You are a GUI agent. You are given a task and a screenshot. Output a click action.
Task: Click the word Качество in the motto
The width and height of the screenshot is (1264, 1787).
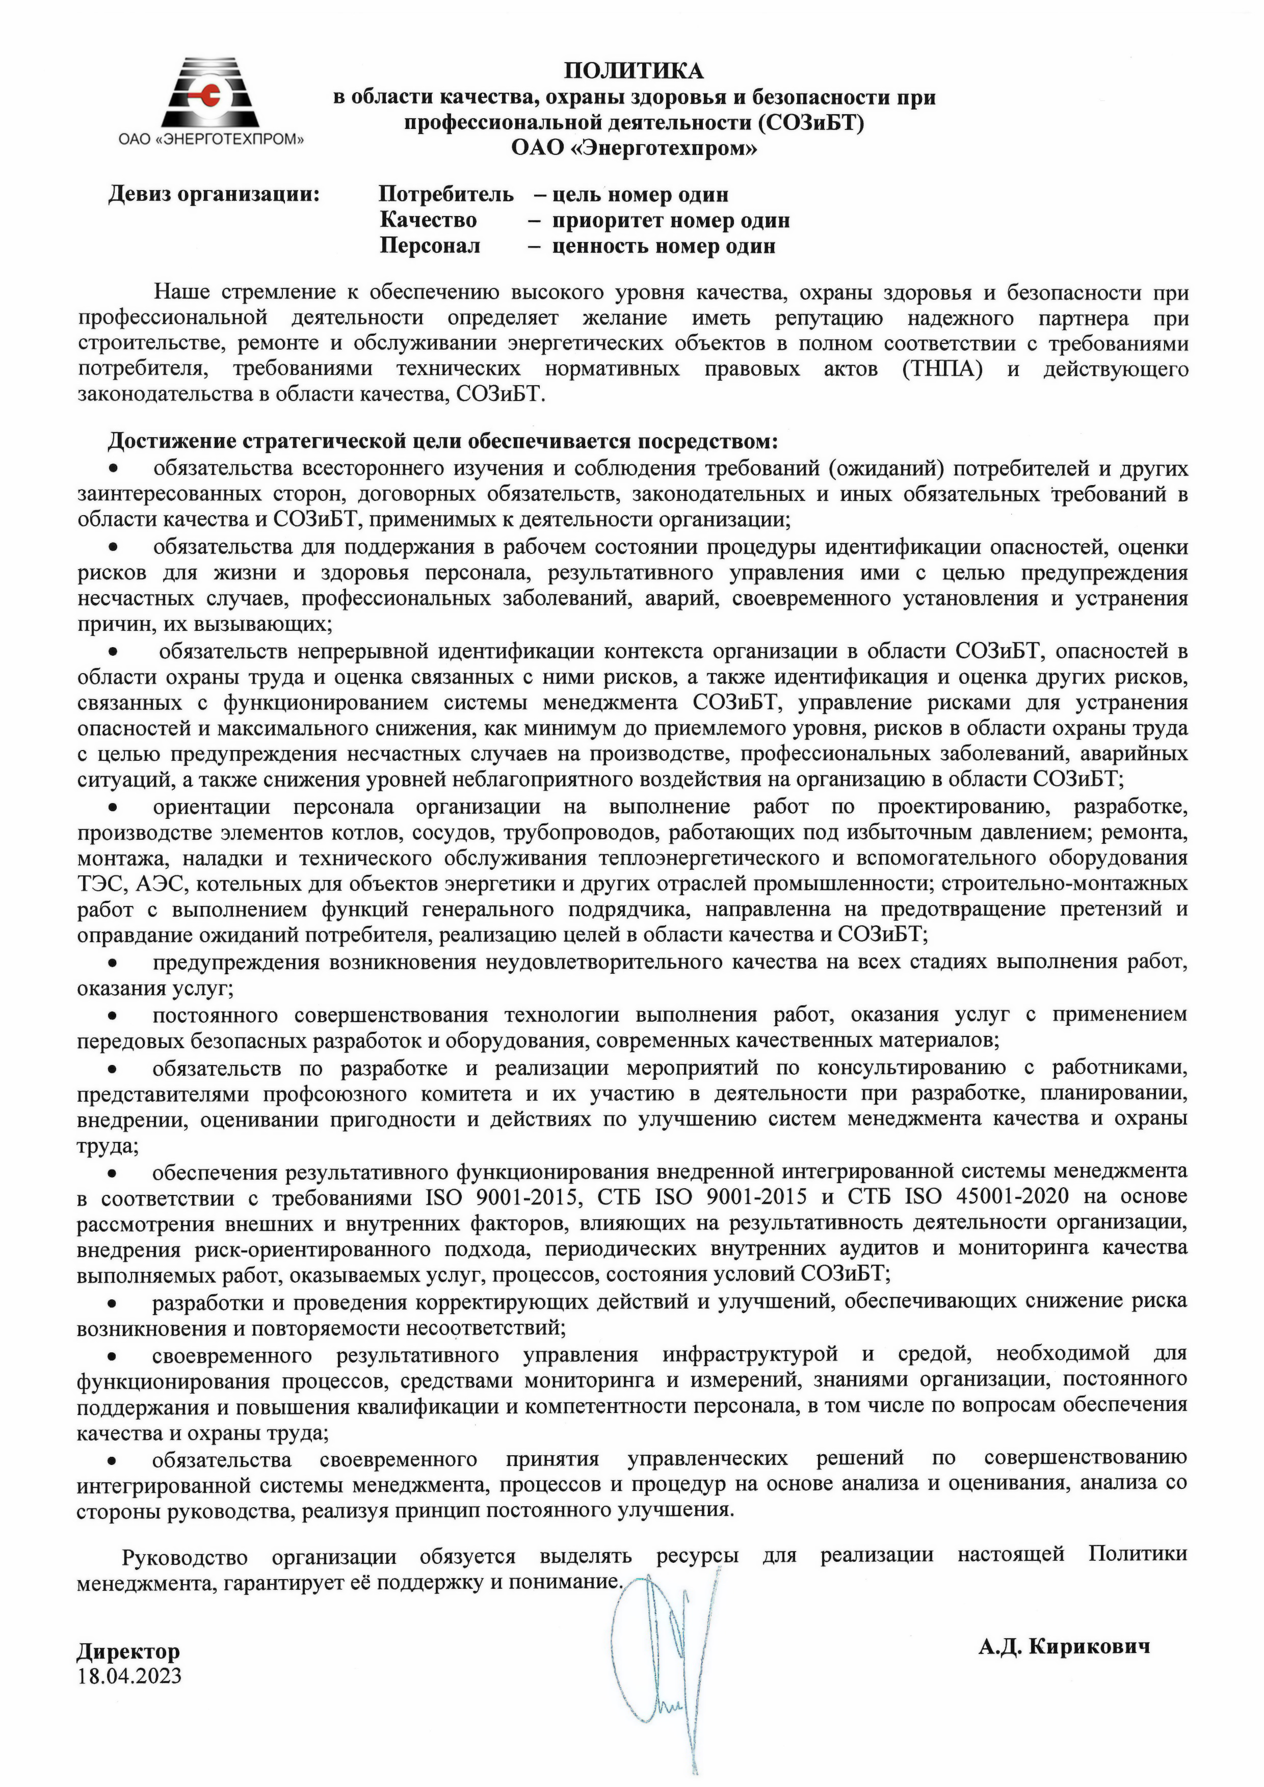428,220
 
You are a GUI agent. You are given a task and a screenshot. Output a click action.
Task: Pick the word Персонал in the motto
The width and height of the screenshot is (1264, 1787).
430,246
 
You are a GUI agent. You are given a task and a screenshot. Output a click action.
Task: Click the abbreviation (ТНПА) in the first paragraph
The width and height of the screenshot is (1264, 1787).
942,369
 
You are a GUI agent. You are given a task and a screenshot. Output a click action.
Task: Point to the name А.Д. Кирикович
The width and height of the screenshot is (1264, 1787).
1064,1646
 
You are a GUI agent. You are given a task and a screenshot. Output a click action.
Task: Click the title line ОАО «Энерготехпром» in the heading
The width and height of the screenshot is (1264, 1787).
634,148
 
